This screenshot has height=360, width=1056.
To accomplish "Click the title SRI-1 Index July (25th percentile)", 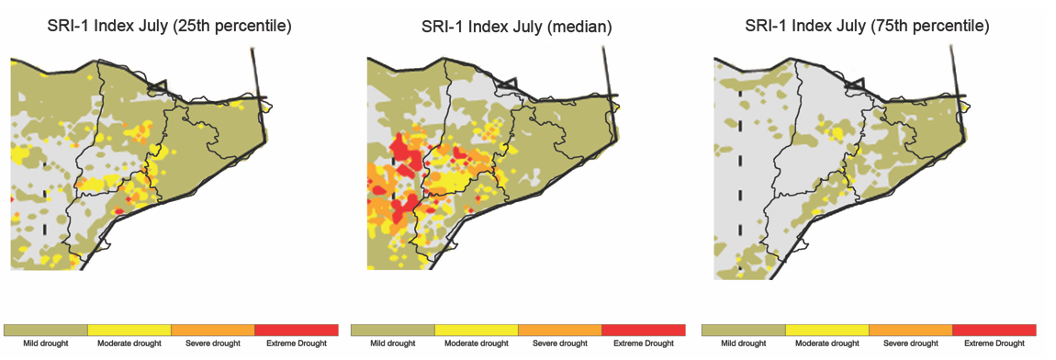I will point(169,27).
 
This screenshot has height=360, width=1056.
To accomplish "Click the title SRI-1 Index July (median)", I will point(516,27).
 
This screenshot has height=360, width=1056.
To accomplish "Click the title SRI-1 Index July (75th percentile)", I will point(868,27).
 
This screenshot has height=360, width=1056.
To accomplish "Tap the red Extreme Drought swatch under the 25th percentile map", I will point(297,330).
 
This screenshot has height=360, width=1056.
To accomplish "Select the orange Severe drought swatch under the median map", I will point(559,330).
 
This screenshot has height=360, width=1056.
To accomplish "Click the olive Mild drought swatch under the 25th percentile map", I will point(46,330).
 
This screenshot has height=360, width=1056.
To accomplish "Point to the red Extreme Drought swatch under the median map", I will point(643,330).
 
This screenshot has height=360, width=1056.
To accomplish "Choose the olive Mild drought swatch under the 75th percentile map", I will point(743,330).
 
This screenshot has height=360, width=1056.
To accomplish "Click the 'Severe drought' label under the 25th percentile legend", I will point(212,344).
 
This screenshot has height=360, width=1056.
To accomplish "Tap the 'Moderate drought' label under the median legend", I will point(476,344).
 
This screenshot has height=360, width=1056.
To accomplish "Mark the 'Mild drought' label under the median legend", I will point(393,344).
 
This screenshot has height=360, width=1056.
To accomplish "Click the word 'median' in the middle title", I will point(579,27).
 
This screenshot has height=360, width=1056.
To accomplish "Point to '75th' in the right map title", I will point(888,27).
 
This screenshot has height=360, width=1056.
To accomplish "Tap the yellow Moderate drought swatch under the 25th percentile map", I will point(129,330).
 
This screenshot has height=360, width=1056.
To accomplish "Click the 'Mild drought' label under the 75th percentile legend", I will point(743,344).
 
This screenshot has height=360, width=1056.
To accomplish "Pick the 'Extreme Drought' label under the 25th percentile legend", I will point(297,344).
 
